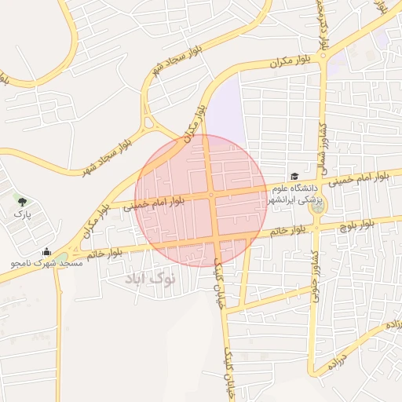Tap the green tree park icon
pos(21,202)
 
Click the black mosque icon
pos(46,252)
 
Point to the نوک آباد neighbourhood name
pos(151,278)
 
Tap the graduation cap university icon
pos(294,177)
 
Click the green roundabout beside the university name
pos(316,207)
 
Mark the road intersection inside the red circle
pos(211,196)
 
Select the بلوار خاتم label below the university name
pos(287,231)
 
